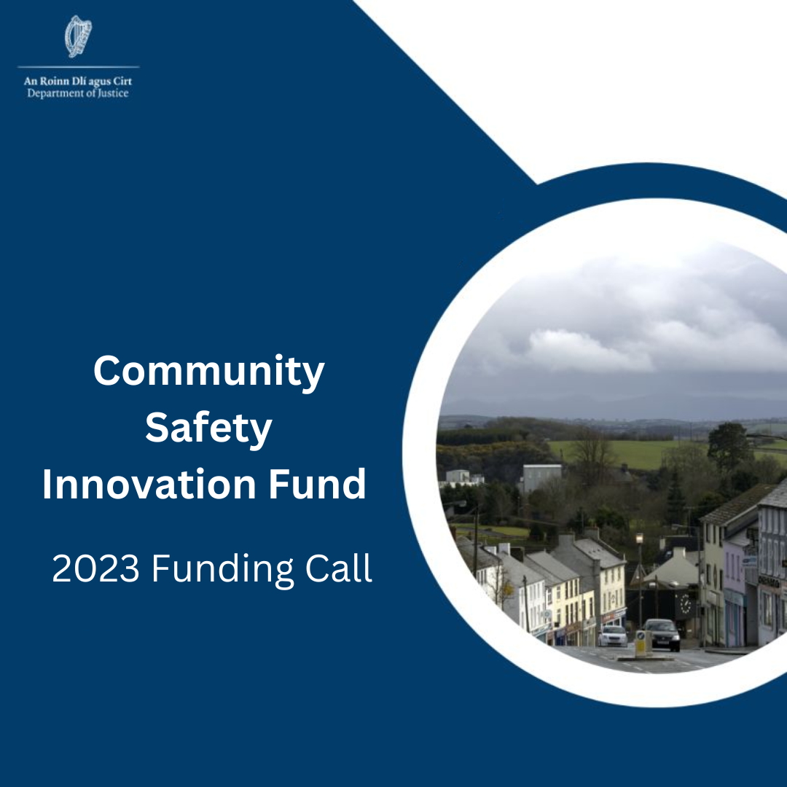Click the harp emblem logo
[x=78, y=36]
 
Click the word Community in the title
[x=209, y=372]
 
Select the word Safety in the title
[x=209, y=428]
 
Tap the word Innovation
[x=149, y=484]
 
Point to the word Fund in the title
[x=317, y=484]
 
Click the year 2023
[x=95, y=568]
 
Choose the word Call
[x=339, y=568]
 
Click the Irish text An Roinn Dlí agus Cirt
[x=78, y=82]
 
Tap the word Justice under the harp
[x=113, y=93]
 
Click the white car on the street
[x=612, y=636]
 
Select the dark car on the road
[x=662, y=635]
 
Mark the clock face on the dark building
[x=685, y=604]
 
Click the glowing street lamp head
[x=640, y=539]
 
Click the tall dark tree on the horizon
[x=730, y=445]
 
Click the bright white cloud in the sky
[x=587, y=349]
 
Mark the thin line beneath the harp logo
[x=78, y=67]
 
